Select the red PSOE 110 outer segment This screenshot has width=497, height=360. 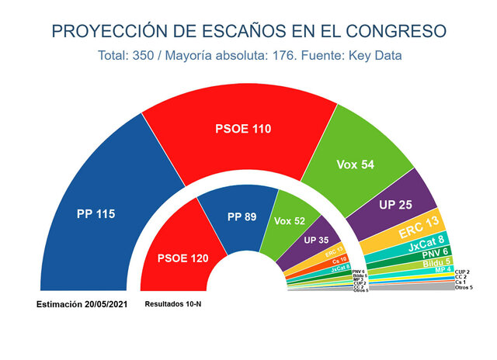click(x=243, y=129)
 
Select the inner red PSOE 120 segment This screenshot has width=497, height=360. click(x=183, y=258)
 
